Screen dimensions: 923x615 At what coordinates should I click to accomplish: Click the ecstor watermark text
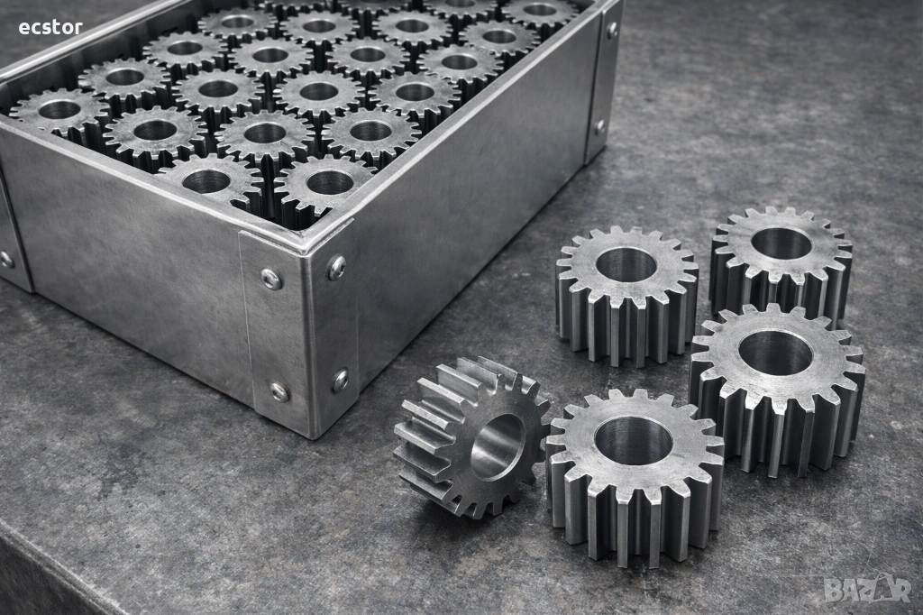click(x=50, y=27)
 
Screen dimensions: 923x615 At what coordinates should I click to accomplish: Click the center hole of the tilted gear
click(x=498, y=445)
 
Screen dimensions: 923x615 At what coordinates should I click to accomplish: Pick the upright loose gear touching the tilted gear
click(x=635, y=475)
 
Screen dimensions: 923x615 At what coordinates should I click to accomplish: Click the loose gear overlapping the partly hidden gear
click(x=777, y=388)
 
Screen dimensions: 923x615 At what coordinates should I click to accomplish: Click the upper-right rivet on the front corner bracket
click(x=337, y=266)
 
